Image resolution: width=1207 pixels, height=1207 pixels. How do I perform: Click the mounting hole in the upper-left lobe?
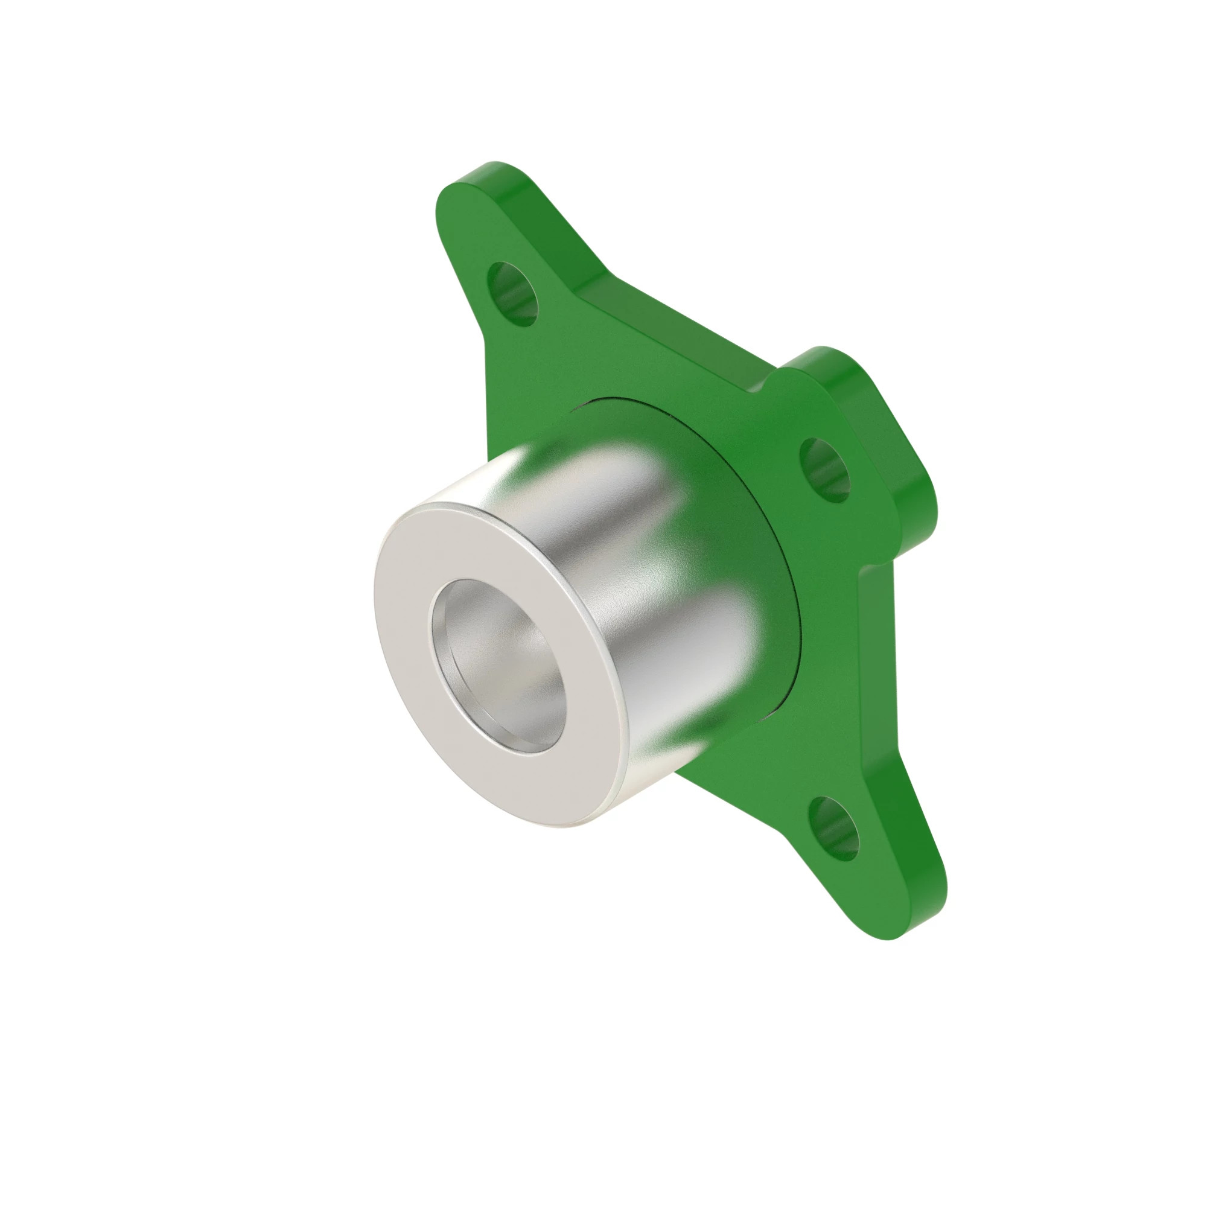512,294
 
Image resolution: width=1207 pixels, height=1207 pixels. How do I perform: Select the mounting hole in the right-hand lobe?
824,470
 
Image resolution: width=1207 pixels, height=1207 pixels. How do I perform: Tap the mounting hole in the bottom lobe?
834,829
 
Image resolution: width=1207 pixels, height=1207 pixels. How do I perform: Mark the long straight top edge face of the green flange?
675,325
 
